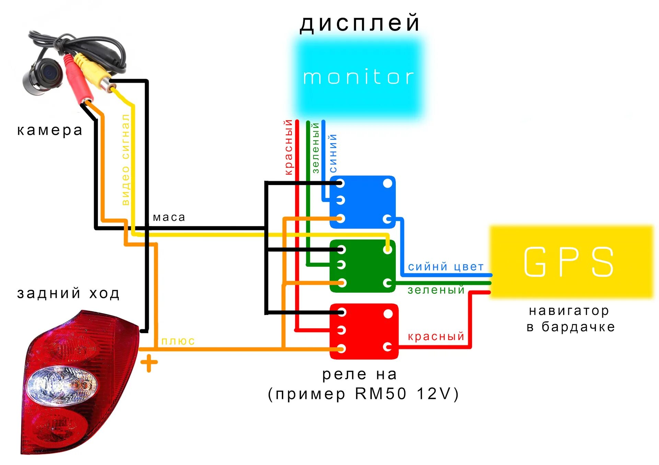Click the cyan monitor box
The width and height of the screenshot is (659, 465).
[359, 77]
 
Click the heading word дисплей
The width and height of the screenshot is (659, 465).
[360, 23]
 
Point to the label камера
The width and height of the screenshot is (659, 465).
[50, 131]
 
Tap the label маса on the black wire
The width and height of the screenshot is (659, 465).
[169, 217]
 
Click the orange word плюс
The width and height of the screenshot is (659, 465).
[178, 341]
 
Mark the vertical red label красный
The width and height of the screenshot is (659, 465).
[288, 147]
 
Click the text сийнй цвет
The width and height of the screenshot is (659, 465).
[446, 267]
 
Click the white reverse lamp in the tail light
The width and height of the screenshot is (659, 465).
[62, 386]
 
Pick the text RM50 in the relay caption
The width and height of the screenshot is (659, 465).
[381, 394]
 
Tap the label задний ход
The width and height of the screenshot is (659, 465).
[68, 294]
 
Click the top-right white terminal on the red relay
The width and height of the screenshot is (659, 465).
[388, 314]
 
